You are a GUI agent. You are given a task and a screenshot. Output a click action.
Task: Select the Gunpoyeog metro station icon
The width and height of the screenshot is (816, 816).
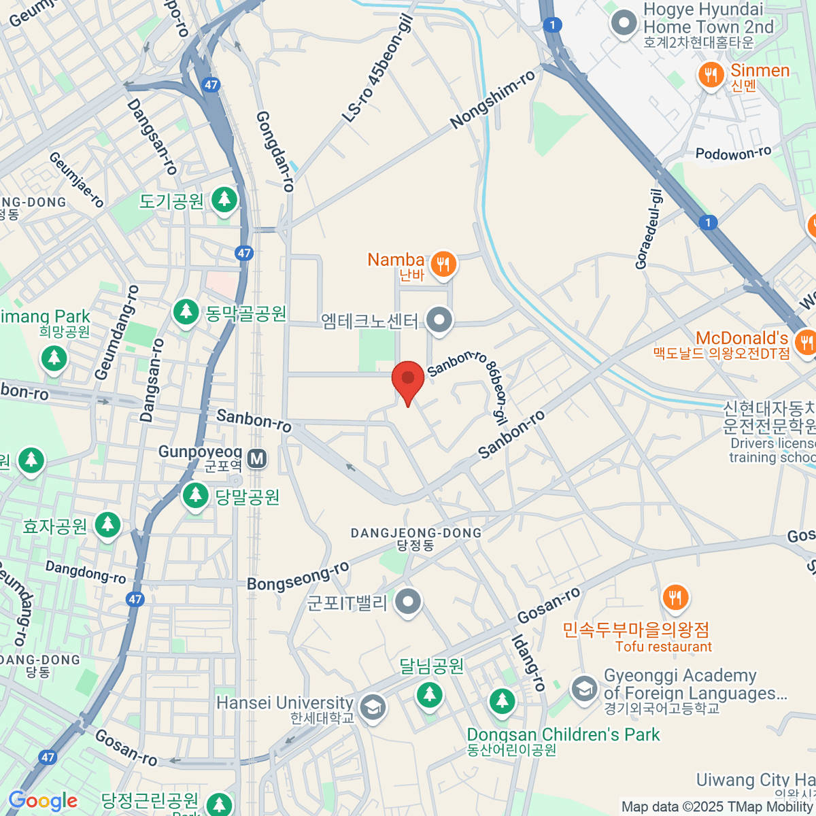tap(257, 459)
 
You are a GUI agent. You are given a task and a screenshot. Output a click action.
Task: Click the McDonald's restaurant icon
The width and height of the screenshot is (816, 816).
tap(806, 341)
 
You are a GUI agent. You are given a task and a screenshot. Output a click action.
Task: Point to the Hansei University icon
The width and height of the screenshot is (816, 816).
tap(372, 707)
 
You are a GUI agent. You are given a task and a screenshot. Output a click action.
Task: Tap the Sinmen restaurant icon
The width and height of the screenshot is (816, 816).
tap(711, 75)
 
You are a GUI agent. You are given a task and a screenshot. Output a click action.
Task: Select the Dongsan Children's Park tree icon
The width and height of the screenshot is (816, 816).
tap(502, 701)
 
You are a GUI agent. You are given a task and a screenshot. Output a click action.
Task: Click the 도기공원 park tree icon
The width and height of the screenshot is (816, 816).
tap(224, 200)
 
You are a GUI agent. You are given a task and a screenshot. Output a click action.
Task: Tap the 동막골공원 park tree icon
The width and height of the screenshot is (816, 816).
tap(185, 312)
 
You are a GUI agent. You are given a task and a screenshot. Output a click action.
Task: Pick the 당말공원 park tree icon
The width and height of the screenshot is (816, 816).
tap(196, 496)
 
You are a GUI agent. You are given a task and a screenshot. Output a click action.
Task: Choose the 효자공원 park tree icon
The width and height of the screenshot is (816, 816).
tap(107, 525)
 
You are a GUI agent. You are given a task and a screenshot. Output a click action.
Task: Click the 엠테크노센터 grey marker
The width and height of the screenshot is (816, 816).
tap(439, 320)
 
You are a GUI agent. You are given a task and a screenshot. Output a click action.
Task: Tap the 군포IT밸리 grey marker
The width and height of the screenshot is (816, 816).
tap(408, 602)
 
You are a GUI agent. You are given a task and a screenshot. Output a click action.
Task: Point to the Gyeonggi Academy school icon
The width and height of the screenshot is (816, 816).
tap(584, 689)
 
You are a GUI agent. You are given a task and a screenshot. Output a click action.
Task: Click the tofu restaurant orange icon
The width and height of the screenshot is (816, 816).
tap(675, 598)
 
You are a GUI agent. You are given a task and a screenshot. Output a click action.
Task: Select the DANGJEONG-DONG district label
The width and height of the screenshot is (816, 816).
tap(416, 533)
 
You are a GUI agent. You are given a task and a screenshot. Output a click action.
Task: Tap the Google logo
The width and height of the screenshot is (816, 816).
tap(43, 801)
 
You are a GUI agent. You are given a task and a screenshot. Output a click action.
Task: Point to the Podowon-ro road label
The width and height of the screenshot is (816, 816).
tap(733, 154)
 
